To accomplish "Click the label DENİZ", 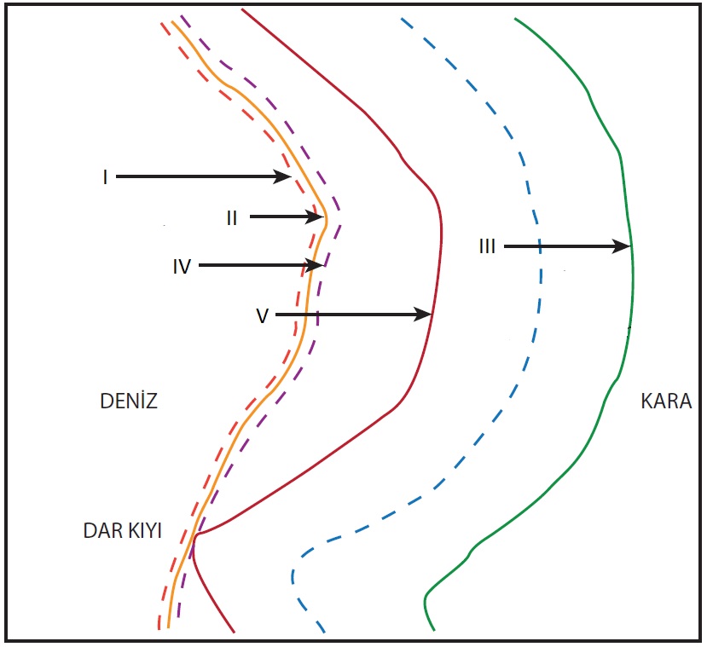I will [x=130, y=401].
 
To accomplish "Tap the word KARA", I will [x=665, y=401].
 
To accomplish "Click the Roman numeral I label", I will [x=105, y=177].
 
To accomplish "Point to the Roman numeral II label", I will [x=232, y=218].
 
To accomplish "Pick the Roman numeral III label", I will [x=487, y=247].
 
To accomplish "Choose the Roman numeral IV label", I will [x=182, y=266].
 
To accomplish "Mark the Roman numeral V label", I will [x=262, y=315].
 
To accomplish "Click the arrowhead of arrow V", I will [x=426, y=315].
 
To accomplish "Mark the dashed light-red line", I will [x=212, y=81].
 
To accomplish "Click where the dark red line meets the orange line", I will [x=197, y=534].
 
